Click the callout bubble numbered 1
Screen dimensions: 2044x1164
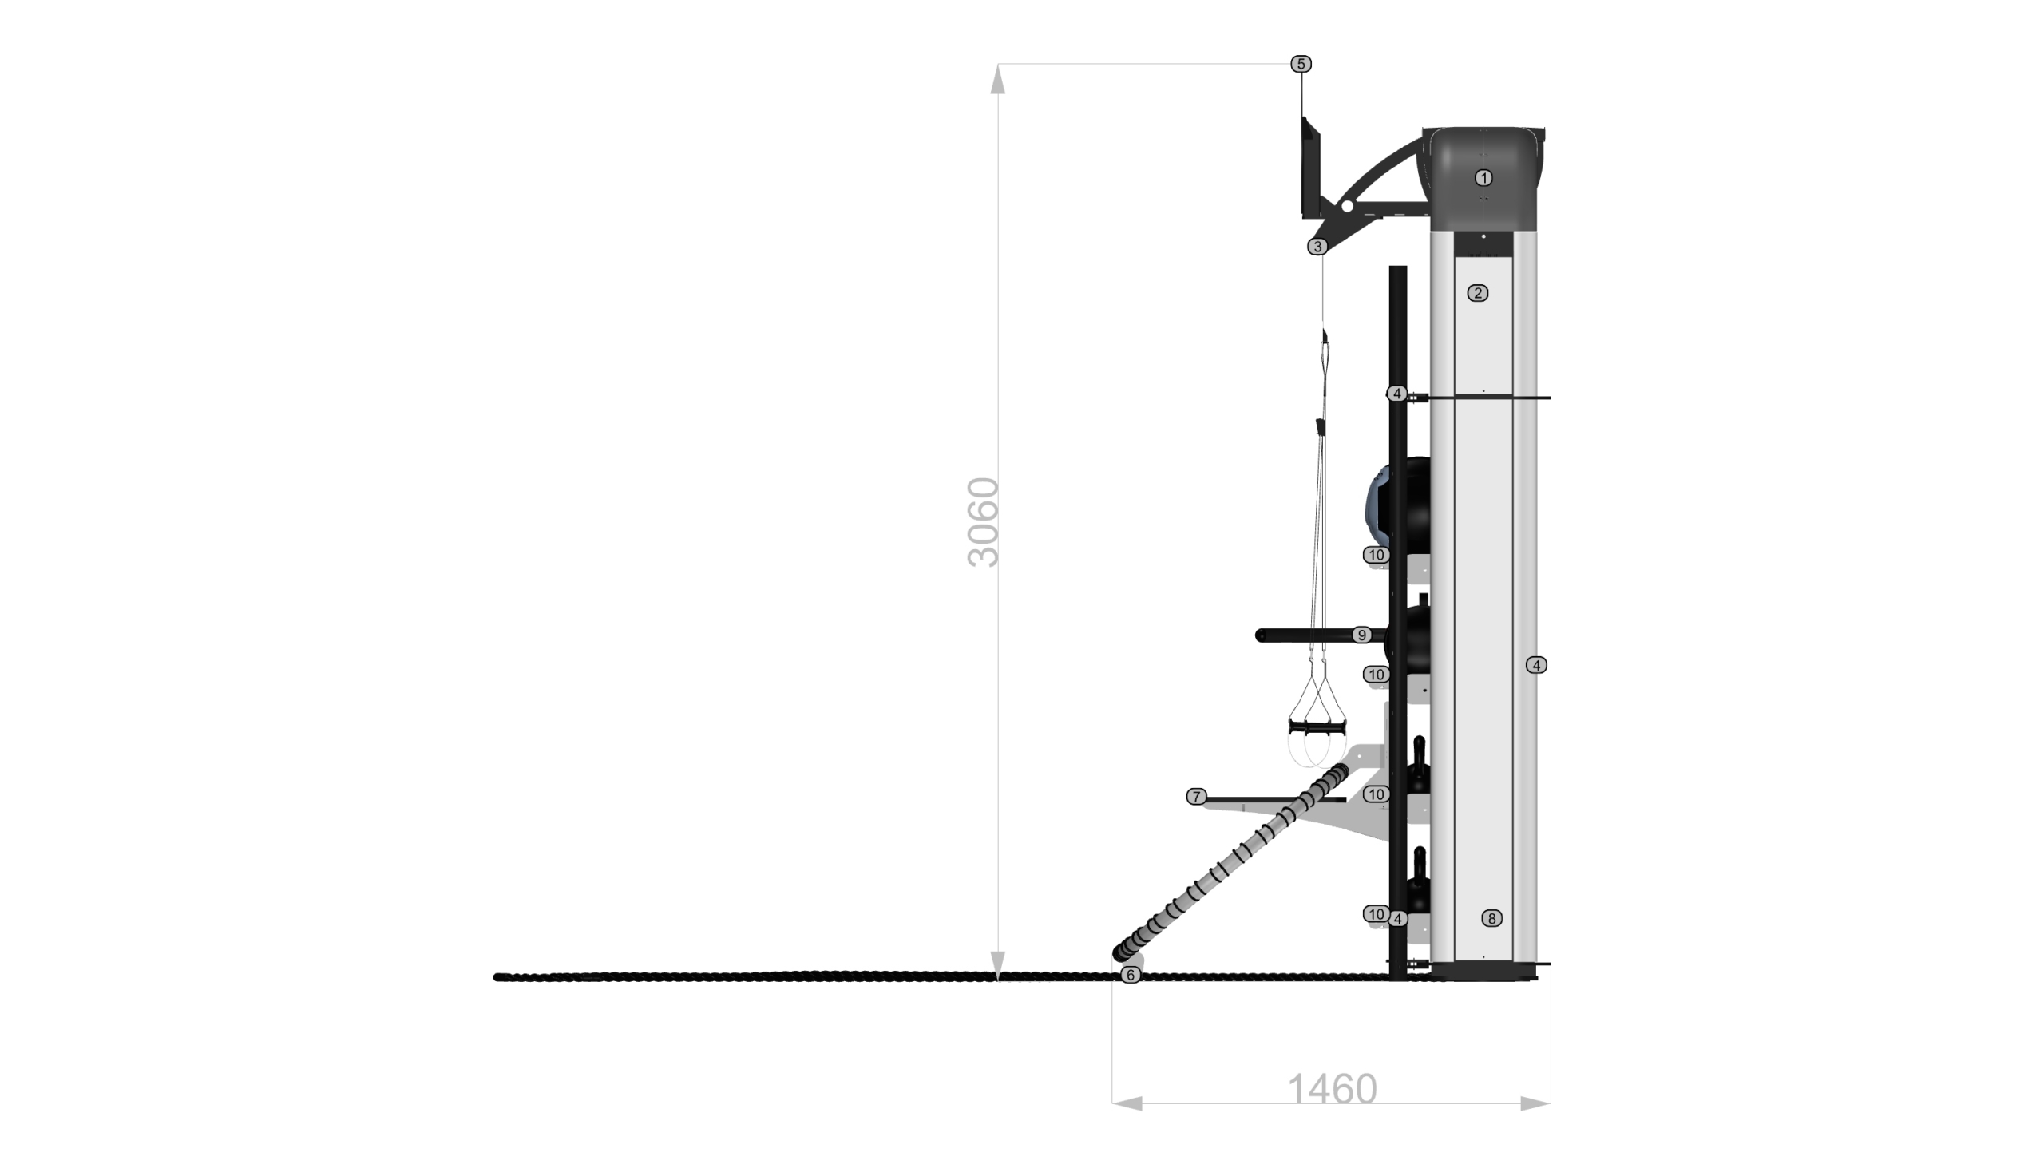pos(1483,178)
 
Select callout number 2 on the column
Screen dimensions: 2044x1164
pos(1477,294)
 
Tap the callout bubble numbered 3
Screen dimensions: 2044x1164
pos(1317,247)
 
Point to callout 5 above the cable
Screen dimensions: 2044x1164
pos(1301,64)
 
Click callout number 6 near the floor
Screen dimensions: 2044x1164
pos(1131,975)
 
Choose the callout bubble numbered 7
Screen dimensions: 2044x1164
pos(1196,796)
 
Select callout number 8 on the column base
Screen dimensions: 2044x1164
pos(1491,919)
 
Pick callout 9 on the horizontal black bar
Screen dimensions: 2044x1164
pos(1361,635)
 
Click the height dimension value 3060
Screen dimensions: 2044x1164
pos(983,523)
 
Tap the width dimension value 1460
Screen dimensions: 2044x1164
pos(1332,1089)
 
